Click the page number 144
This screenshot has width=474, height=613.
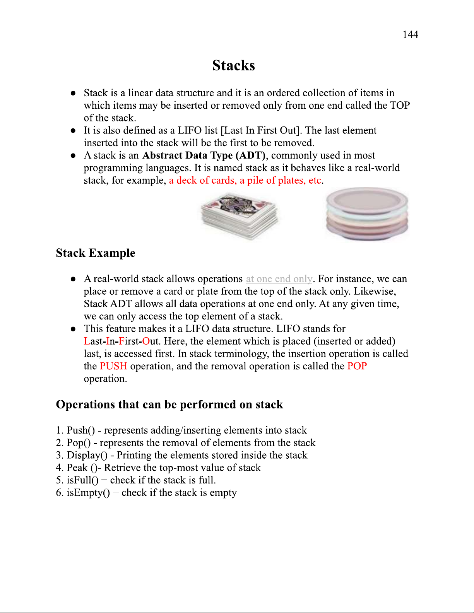pos(410,35)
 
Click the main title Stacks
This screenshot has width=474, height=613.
pos(234,65)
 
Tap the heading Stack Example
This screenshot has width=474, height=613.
pos(96,253)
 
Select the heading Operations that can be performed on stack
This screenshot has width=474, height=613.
pos(169,405)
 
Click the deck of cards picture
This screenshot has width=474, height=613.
pos(240,216)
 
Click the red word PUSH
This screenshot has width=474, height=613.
pos(113,366)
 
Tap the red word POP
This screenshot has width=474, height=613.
pos(357,366)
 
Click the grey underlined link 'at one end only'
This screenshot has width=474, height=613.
pos(279,279)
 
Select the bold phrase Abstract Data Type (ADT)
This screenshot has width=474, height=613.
pos(204,155)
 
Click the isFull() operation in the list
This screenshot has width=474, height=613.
pos(82,480)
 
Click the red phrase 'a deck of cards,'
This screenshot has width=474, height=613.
pos(202,181)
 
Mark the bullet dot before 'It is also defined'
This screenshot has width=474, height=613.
pos(73,131)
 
